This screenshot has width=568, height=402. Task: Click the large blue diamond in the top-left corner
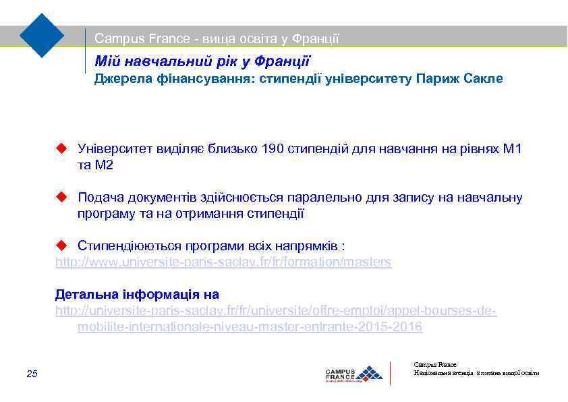point(42,34)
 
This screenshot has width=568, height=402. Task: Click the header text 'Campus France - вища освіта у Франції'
point(217,39)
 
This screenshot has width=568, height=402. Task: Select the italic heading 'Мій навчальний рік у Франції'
point(202,61)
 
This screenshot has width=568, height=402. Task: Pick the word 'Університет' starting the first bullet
point(113,148)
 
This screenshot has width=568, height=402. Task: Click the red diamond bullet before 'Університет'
point(61,148)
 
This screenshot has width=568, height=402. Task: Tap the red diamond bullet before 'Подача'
point(61,197)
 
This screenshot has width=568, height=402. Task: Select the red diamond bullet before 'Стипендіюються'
point(61,245)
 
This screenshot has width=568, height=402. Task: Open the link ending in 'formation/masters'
point(223,262)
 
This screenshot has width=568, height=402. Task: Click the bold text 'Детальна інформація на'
point(137,295)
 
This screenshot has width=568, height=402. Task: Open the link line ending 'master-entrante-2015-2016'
point(250,327)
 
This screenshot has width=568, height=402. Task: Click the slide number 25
point(32,374)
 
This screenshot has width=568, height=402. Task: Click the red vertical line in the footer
point(391,373)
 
